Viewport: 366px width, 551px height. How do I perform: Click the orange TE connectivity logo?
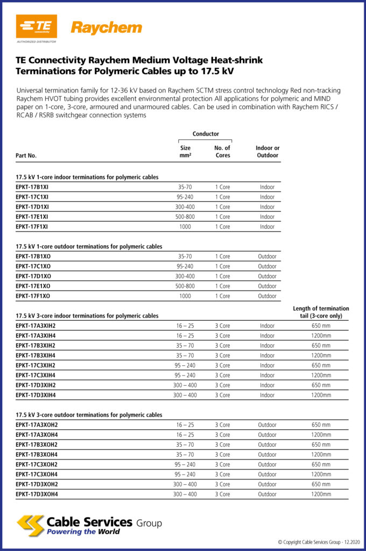pyautogui.click(x=36, y=26)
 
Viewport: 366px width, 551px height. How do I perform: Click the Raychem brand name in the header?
pyautogui.click(x=107, y=27)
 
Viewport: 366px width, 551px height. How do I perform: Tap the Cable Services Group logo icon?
pyautogui.click(x=30, y=525)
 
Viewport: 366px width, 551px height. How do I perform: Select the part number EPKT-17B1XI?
pyautogui.click(x=33, y=187)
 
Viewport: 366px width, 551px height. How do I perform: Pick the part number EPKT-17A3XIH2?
pyautogui.click(x=36, y=326)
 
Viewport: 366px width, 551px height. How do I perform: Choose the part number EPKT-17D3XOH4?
pyautogui.click(x=37, y=494)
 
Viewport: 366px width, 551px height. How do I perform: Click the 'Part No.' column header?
pyautogui.click(x=26, y=156)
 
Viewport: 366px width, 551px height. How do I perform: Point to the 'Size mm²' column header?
pyautogui.click(x=185, y=152)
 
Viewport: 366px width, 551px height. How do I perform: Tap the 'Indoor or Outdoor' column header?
pyautogui.click(x=268, y=152)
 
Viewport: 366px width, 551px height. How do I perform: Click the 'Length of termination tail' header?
pyautogui.click(x=321, y=312)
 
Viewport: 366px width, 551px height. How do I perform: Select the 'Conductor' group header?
pyautogui.click(x=206, y=134)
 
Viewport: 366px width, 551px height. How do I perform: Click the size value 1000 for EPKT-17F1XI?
pyautogui.click(x=185, y=227)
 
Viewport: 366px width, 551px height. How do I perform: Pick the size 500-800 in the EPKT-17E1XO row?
pyautogui.click(x=185, y=286)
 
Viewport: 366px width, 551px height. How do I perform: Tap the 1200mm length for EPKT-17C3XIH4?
pyautogui.click(x=321, y=375)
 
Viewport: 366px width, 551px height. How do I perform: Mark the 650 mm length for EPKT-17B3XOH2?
pyautogui.click(x=321, y=444)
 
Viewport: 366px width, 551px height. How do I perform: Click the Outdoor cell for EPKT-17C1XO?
pyautogui.click(x=267, y=266)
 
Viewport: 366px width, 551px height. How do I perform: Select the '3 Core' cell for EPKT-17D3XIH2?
pyautogui.click(x=222, y=385)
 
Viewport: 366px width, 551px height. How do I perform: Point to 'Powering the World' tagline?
pyautogui.click(x=83, y=532)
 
